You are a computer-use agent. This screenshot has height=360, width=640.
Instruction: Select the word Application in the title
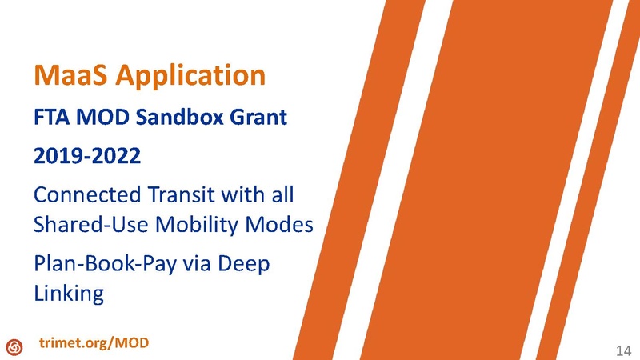tap(186, 76)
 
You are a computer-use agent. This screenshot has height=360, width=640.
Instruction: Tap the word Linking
tap(69, 294)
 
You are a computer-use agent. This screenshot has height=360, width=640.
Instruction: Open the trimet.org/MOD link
tap(94, 343)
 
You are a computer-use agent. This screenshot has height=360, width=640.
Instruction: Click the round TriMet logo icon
tap(14, 346)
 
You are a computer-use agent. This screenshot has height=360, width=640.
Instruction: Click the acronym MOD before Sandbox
tap(107, 119)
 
